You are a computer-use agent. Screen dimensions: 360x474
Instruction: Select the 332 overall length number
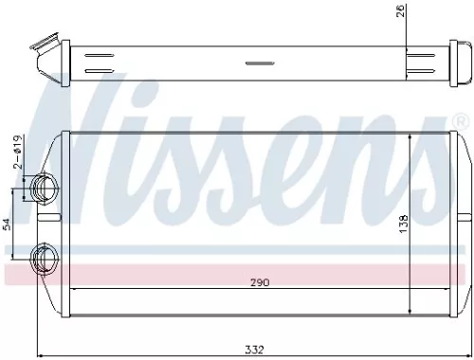[253, 350]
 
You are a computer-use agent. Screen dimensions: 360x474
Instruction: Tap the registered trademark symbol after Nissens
[462, 123]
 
